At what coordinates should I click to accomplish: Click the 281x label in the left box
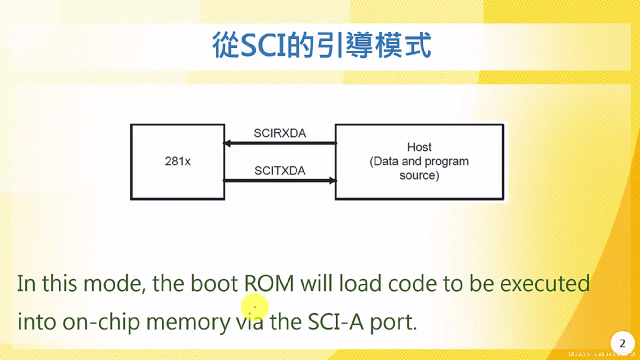coord(178,161)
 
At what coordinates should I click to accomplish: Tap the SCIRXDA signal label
coord(280,133)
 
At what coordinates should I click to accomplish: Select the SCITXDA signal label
coord(280,171)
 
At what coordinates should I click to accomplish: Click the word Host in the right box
coord(419,147)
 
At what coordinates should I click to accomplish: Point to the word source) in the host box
coord(419,175)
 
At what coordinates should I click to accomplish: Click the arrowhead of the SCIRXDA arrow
coord(227,143)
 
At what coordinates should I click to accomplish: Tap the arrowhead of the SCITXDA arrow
coord(333,181)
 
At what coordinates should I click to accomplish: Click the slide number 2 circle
coord(622,343)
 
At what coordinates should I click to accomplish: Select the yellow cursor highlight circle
coord(255,307)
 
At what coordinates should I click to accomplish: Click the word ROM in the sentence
coord(269,284)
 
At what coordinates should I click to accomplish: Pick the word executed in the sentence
coord(544,284)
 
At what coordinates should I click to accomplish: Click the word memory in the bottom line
coord(188,322)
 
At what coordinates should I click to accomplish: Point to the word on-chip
coord(101,322)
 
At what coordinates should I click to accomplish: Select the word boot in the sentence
coord(214,284)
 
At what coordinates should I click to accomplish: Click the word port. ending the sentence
coord(393,322)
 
